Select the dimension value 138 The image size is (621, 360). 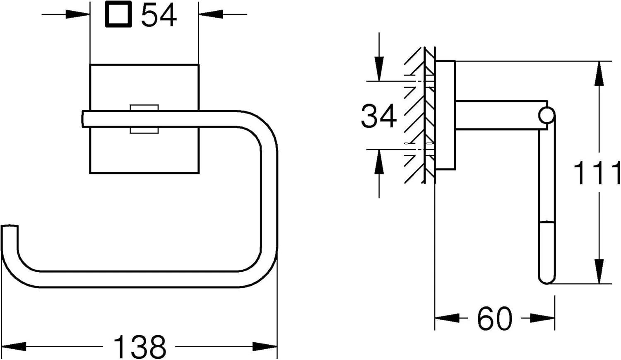tap(140, 347)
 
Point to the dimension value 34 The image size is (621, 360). tap(379, 116)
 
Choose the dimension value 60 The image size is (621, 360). tap(494, 319)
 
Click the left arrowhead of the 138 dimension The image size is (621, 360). tap(14, 346)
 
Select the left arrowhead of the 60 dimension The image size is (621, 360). tap(447, 318)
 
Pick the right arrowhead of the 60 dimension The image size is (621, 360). tap(542, 318)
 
